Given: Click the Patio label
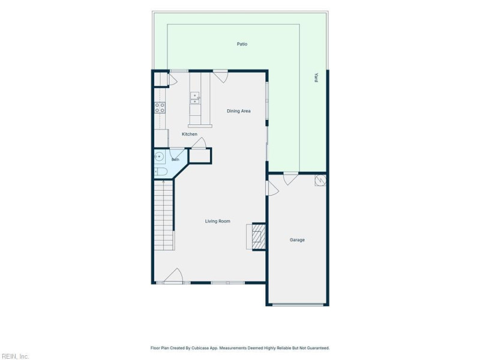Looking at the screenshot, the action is click(242, 44).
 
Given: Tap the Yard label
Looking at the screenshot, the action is click(316, 77).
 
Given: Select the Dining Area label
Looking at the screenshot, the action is click(238, 111).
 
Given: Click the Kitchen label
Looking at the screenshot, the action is click(190, 134).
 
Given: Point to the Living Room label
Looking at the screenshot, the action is click(217, 221).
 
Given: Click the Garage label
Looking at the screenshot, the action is click(297, 239).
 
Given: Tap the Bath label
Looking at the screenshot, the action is click(175, 160).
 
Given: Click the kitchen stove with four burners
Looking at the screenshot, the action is click(160, 108).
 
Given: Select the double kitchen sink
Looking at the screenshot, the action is click(194, 98).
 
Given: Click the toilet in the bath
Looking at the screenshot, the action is click(161, 172).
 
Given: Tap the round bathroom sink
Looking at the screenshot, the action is click(159, 157).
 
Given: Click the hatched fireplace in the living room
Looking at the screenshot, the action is click(259, 236).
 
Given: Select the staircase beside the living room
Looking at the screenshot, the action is click(164, 215).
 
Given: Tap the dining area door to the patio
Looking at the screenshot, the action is click(220, 77).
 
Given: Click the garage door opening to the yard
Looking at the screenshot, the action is click(290, 179).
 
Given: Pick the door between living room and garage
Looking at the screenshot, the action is click(272, 188).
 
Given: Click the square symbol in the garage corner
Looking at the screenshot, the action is click(320, 181).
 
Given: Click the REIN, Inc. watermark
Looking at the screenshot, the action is click(15, 356).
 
